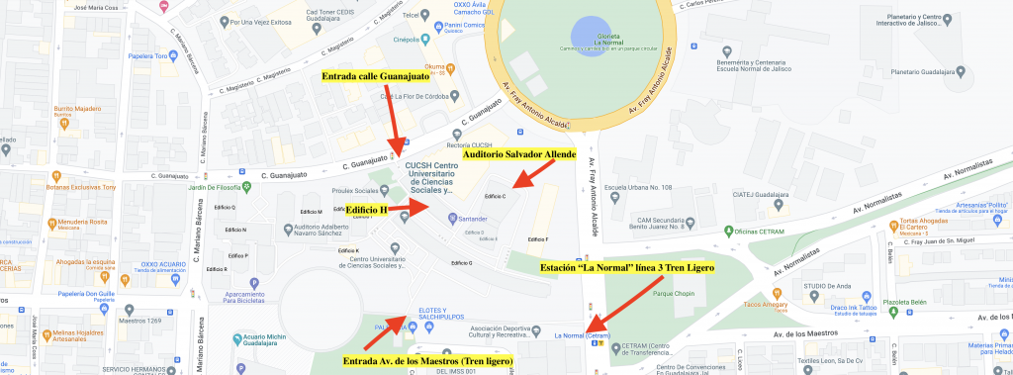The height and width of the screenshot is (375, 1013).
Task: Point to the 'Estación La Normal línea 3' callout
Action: coord(625,267)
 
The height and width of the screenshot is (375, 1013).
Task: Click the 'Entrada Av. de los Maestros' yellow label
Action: coord(426,361)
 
